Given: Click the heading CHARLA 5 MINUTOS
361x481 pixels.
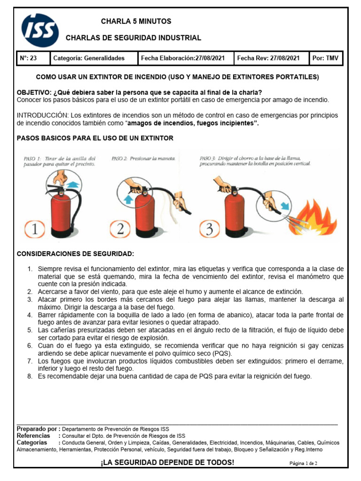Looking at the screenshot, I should pyautogui.click(x=136, y=22).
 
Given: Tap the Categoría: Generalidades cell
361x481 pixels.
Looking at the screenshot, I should pyautogui.click(x=89, y=58).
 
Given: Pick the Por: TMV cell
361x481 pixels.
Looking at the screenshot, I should pyautogui.click(x=325, y=58).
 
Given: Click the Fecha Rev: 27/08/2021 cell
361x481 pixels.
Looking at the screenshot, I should pyautogui.click(x=268, y=58).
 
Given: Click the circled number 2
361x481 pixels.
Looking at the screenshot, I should pyautogui.click(x=121, y=228).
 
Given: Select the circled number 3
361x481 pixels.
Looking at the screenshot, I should pyautogui.click(x=208, y=228).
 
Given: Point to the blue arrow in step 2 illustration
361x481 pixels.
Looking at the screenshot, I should pyautogui.click(x=126, y=198).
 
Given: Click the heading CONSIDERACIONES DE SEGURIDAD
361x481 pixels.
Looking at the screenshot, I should pyautogui.click(x=75, y=254).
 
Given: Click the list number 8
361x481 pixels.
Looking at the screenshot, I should pyautogui.click(x=29, y=376).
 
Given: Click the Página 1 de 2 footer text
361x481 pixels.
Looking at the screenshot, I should pyautogui.click(x=303, y=463).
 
